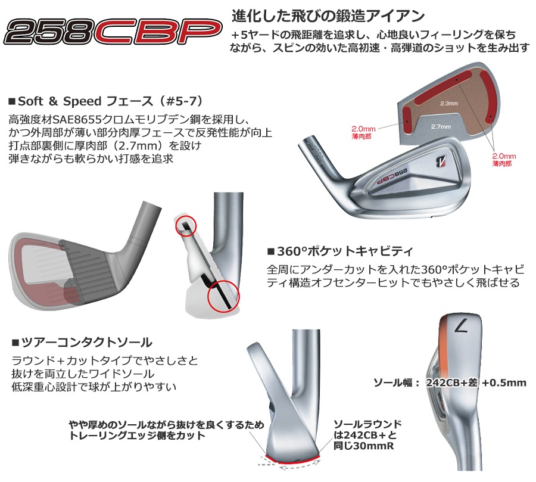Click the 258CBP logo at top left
coord(113,32)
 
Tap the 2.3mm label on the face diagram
coord(449,103)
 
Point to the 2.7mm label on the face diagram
coord(441,126)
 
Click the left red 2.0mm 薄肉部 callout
coord(363,132)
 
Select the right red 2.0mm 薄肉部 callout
coord(504,160)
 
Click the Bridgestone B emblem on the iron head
coord(442,161)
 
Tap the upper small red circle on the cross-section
coord(186,226)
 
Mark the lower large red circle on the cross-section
coord(224,296)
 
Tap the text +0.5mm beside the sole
coord(504,383)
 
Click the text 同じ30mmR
coord(364,446)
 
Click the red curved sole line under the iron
coord(292,461)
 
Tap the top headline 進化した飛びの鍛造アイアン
coord(328,16)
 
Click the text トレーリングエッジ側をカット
coord(137,436)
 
